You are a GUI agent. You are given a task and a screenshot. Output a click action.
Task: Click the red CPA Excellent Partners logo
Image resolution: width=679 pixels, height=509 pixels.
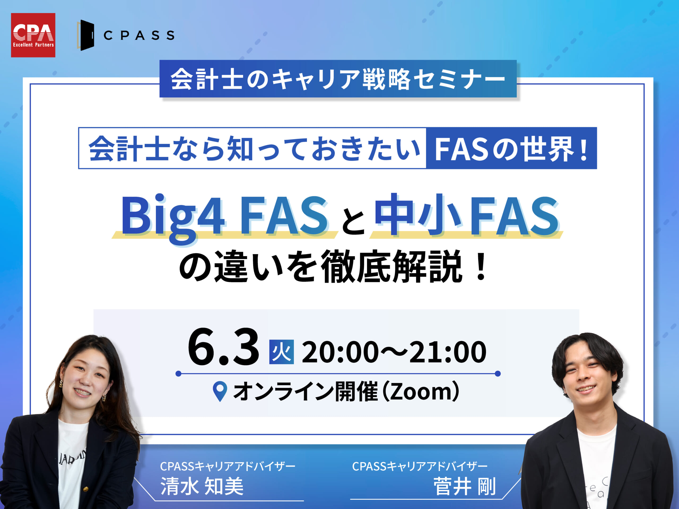33,35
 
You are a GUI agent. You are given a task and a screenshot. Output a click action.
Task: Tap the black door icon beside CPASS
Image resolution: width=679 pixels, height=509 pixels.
86,35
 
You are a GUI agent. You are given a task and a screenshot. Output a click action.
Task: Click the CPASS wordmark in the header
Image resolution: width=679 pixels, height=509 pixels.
139,36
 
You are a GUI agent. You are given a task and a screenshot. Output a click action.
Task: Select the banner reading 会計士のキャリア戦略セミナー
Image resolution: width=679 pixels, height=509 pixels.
338,79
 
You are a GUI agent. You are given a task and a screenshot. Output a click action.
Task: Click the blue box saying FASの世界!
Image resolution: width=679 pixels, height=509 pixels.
511,148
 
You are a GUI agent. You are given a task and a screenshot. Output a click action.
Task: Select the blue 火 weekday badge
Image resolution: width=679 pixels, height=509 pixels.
281,352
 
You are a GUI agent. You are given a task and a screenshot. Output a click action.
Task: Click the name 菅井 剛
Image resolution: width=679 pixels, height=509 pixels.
464,486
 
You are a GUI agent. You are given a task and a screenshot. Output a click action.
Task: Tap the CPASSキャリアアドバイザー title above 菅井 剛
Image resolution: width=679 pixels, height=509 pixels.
420,466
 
